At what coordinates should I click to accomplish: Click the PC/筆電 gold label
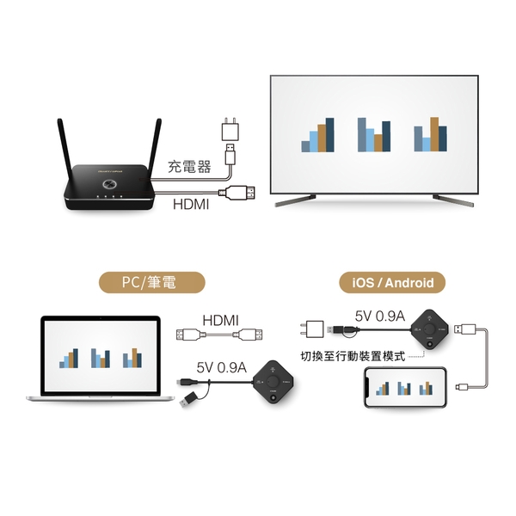pos(150,282)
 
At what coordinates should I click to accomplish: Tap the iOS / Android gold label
pos(380,282)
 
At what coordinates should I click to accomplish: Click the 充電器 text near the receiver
pos(189,167)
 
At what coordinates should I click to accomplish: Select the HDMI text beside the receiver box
pos(191,204)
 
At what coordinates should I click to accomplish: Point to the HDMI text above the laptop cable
pos(220,321)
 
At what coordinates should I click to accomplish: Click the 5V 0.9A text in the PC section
pos(222,366)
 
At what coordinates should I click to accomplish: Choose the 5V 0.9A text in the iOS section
pos(379,316)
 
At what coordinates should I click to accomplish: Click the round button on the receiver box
pos(110,183)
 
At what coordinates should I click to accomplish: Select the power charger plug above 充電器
pos(230,130)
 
